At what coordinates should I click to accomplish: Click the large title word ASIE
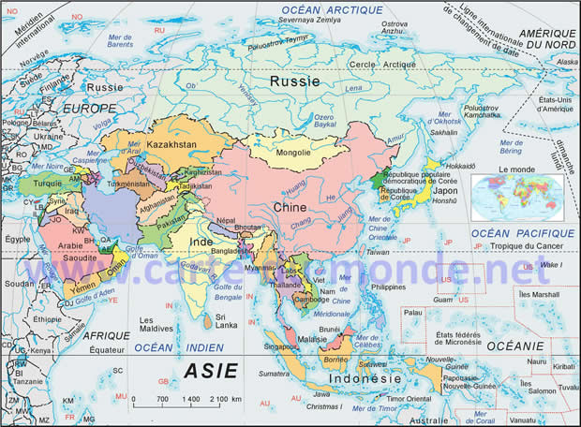point(210,370)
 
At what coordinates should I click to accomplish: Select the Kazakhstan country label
point(172,145)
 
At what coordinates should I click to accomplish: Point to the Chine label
point(290,207)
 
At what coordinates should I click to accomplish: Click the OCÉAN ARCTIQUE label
point(320,9)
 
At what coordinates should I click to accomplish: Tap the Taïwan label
point(377,252)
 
